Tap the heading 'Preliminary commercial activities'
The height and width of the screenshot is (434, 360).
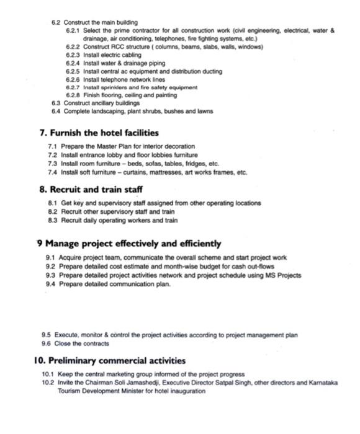click(109, 360)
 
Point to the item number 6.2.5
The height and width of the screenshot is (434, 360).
click(73, 71)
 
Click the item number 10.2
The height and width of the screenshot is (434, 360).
click(48, 383)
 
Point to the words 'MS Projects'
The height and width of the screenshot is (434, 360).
click(284, 275)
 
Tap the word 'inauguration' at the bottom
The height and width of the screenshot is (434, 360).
click(185, 391)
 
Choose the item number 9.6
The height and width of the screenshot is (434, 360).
click(46, 343)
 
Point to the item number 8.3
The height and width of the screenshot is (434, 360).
click(53, 220)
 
